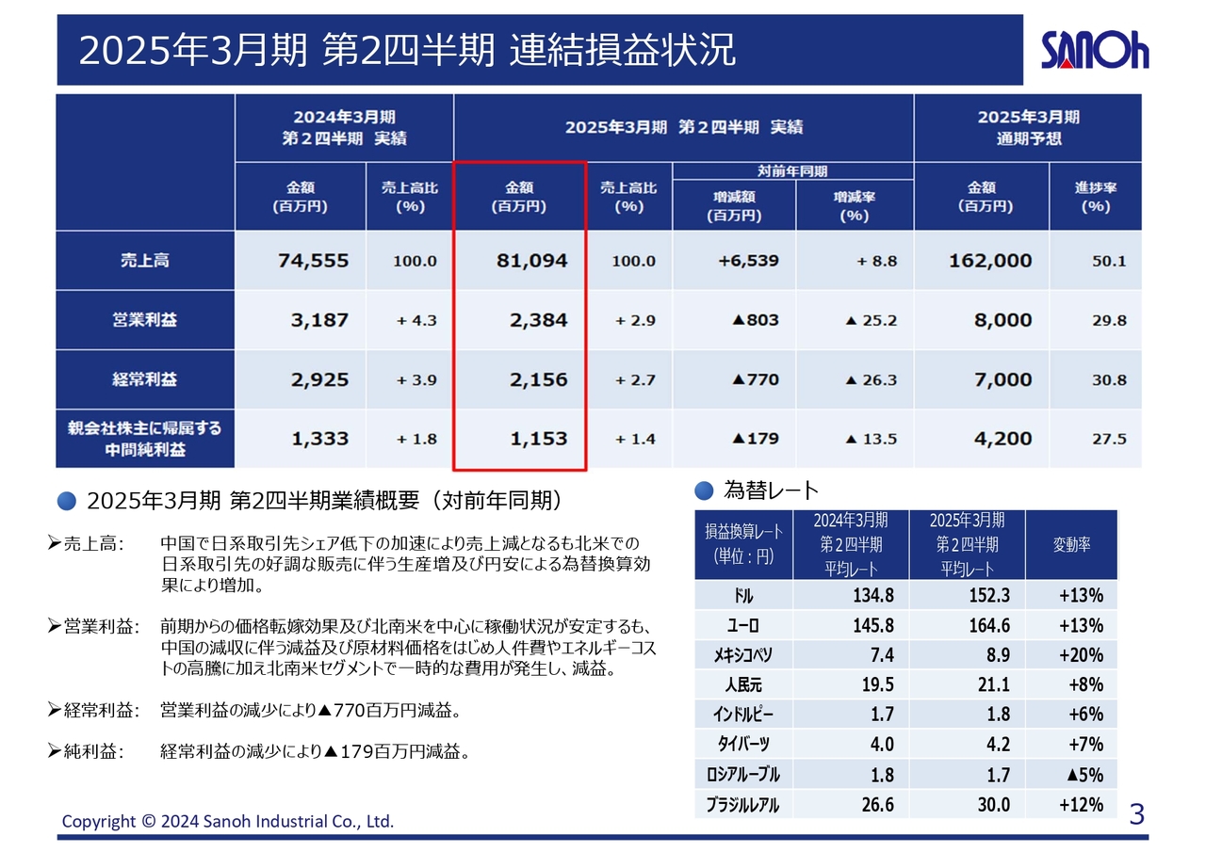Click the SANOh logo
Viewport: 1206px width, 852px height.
click(x=1094, y=51)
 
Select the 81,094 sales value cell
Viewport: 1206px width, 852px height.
click(x=531, y=261)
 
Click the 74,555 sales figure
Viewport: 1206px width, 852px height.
click(x=313, y=261)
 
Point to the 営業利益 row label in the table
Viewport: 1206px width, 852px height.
click(x=145, y=320)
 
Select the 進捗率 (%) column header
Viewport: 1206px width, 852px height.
click(x=1095, y=197)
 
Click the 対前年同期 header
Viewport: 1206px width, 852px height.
click(x=792, y=171)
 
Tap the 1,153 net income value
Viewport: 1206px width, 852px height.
click(x=538, y=439)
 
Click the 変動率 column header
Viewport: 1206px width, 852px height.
click(x=1071, y=545)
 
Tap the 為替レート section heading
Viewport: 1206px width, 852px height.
click(x=770, y=490)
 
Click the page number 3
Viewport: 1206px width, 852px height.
click(x=1136, y=813)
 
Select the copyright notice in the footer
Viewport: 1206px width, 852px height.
click(x=228, y=821)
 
